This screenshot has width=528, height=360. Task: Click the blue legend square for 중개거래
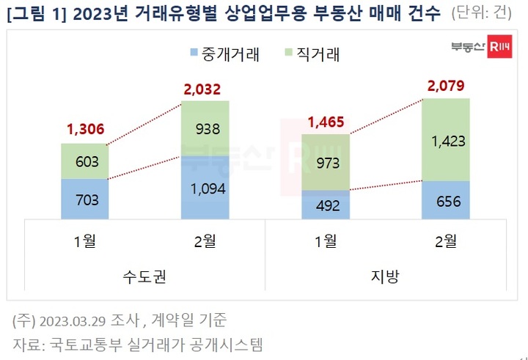click(x=193, y=53)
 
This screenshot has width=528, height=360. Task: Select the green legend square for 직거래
click(x=288, y=53)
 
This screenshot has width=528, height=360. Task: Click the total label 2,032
click(x=205, y=89)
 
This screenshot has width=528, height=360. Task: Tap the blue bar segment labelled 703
click(x=85, y=198)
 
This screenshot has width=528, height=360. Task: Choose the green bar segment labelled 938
click(x=205, y=128)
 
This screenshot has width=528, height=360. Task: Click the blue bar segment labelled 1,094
click(x=205, y=187)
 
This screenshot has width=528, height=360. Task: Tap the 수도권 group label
click(x=145, y=277)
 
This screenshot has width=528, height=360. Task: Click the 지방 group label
click(x=384, y=277)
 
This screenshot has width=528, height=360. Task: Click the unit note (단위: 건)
click(x=485, y=12)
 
